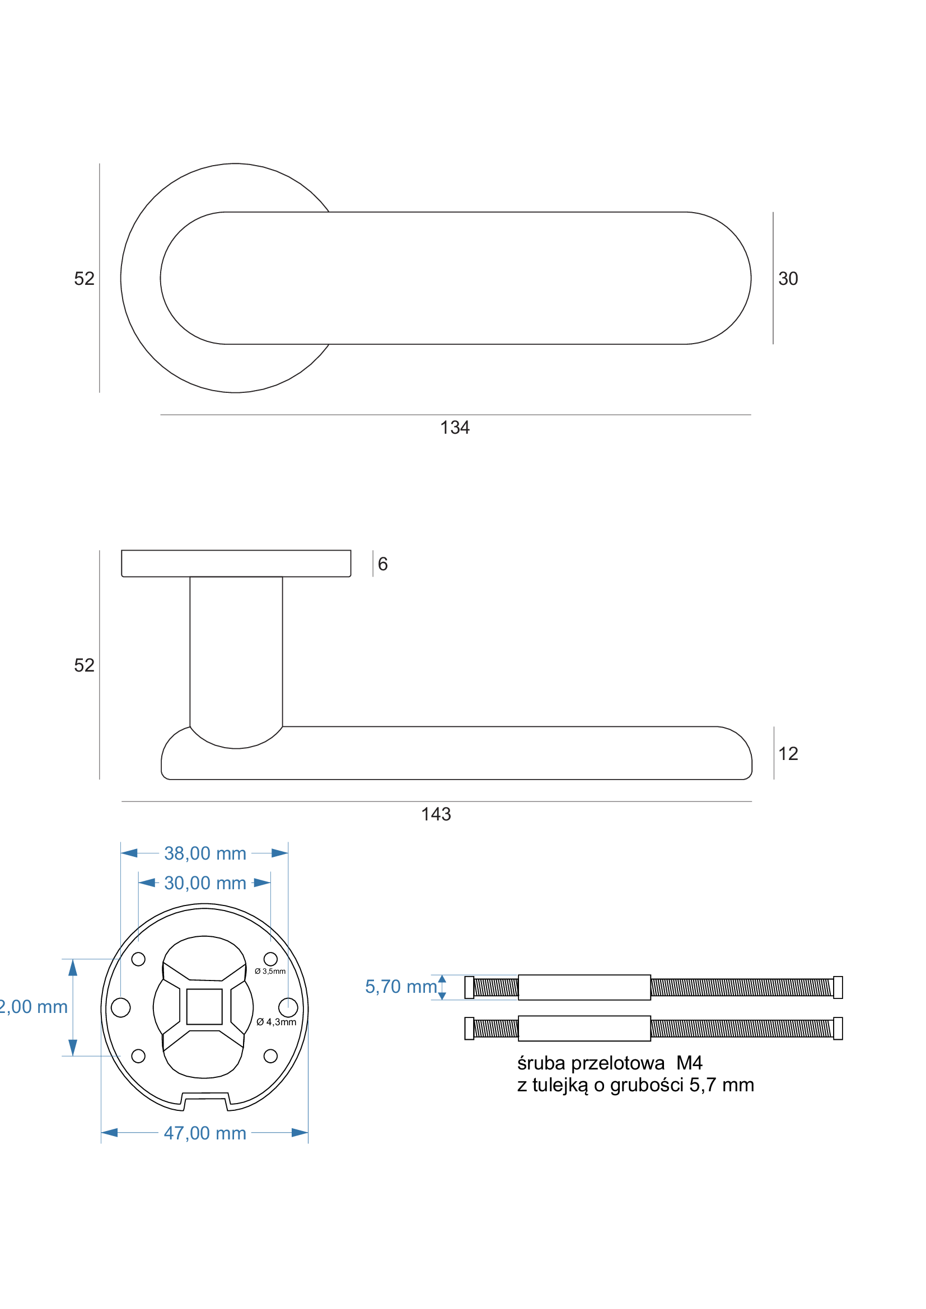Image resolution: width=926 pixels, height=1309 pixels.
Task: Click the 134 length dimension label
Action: pyautogui.click(x=455, y=428)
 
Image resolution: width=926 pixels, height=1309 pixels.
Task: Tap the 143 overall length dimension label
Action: pyautogui.click(x=436, y=814)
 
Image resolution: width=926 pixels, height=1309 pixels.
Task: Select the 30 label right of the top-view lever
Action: pyautogui.click(x=788, y=279)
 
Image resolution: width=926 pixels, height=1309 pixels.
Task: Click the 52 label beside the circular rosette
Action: pyautogui.click(x=84, y=278)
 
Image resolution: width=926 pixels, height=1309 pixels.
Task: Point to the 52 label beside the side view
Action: pyautogui.click(x=84, y=665)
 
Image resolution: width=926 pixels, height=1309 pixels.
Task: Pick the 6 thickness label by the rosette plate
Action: pyautogui.click(x=382, y=564)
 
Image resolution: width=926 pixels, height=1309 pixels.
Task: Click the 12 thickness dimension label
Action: pyautogui.click(x=788, y=754)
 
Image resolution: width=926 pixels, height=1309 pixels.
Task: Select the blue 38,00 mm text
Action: pyautogui.click(x=205, y=853)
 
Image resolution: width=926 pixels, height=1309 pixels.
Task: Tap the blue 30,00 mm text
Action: pyautogui.click(x=205, y=883)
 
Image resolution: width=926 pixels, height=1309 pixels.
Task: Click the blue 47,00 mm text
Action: pyautogui.click(x=205, y=1133)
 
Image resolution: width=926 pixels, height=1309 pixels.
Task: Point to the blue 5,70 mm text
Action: pyautogui.click(x=400, y=986)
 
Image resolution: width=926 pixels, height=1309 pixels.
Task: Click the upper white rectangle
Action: pyautogui.click(x=584, y=987)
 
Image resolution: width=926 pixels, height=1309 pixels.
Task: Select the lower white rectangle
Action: pyautogui.click(x=584, y=1028)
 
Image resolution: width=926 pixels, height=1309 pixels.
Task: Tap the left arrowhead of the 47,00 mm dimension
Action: pyautogui.click(x=109, y=1132)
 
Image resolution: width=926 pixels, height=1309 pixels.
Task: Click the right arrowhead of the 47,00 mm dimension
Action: pyautogui.click(x=300, y=1132)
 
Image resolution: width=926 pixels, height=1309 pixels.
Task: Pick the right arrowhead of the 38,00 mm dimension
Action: pyautogui.click(x=280, y=853)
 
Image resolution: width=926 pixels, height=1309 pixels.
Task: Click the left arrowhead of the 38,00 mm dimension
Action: pyautogui.click(x=129, y=853)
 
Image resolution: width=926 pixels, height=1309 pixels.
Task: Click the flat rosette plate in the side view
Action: pyautogui.click(x=236, y=564)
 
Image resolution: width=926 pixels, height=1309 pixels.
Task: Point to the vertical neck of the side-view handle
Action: pyautogui.click(x=236, y=650)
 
